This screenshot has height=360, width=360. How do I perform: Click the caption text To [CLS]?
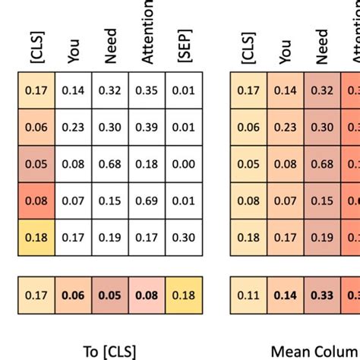pyautogui.click(x=111, y=351)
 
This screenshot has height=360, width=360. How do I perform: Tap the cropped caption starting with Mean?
pyautogui.click(x=314, y=351)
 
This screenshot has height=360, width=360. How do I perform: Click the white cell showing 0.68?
pyautogui.click(x=110, y=163)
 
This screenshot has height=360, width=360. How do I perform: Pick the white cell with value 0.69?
pyautogui.click(x=147, y=200)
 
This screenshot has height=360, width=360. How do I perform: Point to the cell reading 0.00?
pyautogui.click(x=183, y=163)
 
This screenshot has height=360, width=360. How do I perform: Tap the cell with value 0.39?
pyautogui.click(x=147, y=126)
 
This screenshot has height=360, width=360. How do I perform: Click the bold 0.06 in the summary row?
pyautogui.click(x=74, y=296)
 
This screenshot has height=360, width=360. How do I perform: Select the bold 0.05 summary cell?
pyautogui.click(x=110, y=296)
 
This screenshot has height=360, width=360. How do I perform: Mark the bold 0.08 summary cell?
pyautogui.click(x=147, y=296)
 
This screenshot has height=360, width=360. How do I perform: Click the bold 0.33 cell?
pyautogui.click(x=322, y=296)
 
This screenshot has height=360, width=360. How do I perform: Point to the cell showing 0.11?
pyautogui.click(x=249, y=296)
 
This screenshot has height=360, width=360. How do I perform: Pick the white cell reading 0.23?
pyautogui.click(x=74, y=126)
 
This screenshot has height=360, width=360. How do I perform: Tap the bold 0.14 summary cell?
pyautogui.click(x=286, y=296)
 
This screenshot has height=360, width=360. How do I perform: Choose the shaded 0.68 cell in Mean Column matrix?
pyautogui.click(x=322, y=163)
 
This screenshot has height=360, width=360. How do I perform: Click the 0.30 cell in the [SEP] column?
pyautogui.click(x=183, y=236)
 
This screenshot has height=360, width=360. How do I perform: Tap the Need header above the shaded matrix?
pyautogui.click(x=322, y=46)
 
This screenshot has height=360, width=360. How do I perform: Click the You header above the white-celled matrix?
pyautogui.click(x=74, y=50)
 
